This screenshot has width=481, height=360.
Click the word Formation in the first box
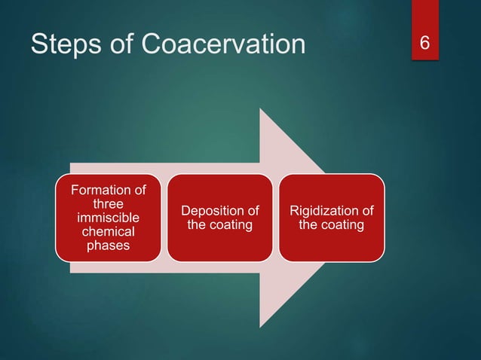click(x=108, y=190)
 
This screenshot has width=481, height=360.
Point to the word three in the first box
click(x=108, y=203)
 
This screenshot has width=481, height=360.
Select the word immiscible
click(x=108, y=218)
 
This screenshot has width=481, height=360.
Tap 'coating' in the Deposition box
click(x=230, y=224)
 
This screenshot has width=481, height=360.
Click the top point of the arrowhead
click(x=260, y=109)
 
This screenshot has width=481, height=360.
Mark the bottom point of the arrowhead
click(x=260, y=326)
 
